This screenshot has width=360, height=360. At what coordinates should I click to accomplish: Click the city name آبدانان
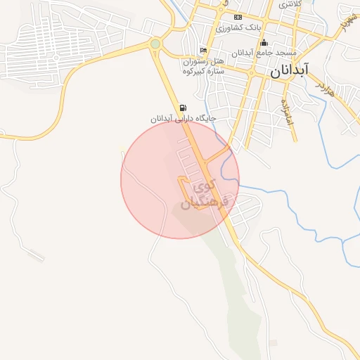288,71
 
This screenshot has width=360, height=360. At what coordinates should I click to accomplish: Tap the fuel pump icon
184,108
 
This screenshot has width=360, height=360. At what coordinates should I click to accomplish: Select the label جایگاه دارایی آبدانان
182,119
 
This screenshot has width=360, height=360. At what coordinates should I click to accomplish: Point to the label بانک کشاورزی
239,27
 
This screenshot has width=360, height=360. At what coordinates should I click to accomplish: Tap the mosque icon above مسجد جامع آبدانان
264,44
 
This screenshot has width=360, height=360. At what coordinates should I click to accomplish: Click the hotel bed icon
203,51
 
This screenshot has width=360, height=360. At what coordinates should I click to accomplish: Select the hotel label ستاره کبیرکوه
203,70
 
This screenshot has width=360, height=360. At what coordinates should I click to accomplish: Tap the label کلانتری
290,4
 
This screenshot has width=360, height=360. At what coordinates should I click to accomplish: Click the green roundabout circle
155,44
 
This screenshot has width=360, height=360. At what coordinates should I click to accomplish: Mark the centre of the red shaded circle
180,179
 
